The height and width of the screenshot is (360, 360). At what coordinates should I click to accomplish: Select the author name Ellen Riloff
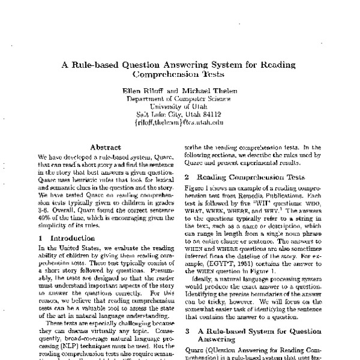(x=140, y=90)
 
